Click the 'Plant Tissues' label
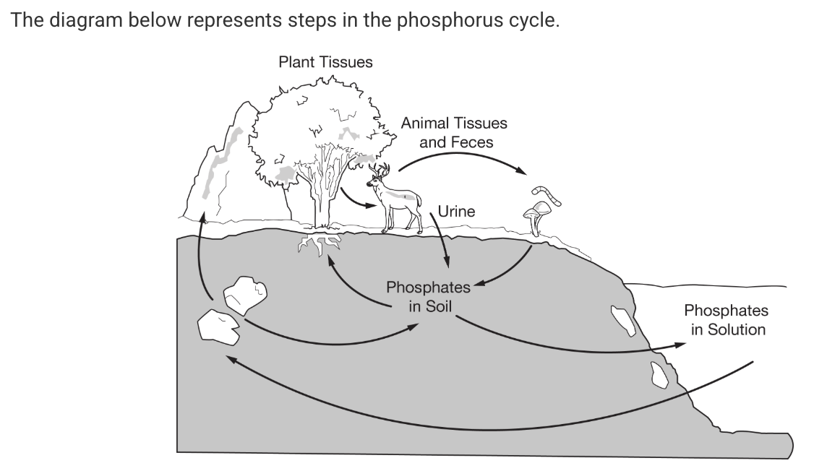coord(325,62)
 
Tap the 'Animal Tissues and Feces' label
coord(454,132)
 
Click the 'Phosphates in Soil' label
coord(428,296)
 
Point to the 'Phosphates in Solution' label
coord(726,320)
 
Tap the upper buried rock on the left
coord(244,295)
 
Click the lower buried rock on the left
coord(217,327)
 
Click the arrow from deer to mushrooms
coord(463,157)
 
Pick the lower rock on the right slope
coord(659,374)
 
